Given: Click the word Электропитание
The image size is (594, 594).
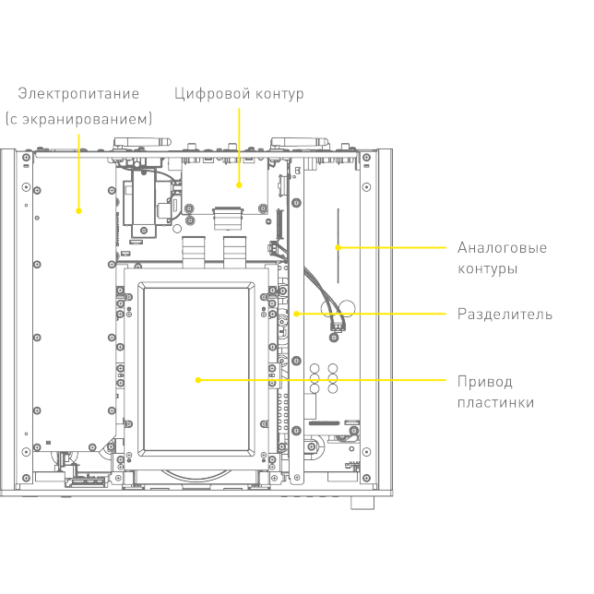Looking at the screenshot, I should [79, 93].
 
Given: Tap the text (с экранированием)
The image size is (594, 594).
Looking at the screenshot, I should [79, 119].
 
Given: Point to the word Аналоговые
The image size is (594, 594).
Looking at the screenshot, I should [502, 248].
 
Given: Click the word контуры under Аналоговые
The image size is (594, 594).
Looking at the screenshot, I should [487, 269].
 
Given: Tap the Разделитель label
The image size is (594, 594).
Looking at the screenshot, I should [505, 315].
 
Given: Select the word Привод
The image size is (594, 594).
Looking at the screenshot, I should [484, 382].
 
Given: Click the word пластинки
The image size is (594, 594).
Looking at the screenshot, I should [495, 403].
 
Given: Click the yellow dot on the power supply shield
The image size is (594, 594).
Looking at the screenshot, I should [78, 211].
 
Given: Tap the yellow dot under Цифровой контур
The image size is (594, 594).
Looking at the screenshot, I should [239, 184].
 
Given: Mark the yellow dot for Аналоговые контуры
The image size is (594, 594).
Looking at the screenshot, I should [339, 247].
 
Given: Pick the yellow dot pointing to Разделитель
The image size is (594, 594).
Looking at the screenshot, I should [296, 315].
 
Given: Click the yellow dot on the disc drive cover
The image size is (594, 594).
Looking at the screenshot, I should [197, 380].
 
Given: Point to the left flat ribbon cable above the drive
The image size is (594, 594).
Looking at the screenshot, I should [194, 249].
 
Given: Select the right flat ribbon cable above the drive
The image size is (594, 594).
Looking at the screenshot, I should [235, 249].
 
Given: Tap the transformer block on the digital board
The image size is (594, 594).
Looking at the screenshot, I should [143, 201].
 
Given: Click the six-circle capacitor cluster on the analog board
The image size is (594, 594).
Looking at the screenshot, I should [323, 378].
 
